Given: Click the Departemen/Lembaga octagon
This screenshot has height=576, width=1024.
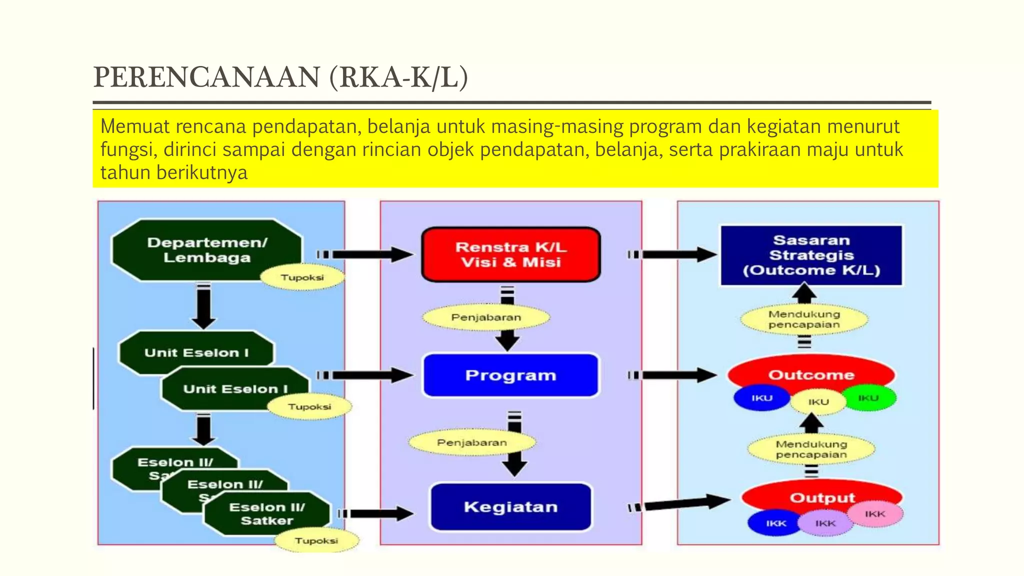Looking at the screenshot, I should coord(206,249).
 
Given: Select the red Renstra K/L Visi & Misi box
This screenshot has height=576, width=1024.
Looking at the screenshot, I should coord(510,254).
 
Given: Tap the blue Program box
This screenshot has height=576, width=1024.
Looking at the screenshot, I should coord(510,375).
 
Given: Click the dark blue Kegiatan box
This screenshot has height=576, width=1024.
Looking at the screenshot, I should coord(510,506).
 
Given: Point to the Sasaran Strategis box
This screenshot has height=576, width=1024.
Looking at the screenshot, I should coord(811,255).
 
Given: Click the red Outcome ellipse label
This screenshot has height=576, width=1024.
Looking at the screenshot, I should coord(811,374).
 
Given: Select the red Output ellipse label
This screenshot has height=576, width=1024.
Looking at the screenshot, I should coord(822,497).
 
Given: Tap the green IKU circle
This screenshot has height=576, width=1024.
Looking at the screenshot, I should coord(869,398).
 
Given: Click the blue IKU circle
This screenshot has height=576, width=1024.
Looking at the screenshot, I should coord(761,398).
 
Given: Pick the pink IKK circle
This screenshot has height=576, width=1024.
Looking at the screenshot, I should coord(875,514).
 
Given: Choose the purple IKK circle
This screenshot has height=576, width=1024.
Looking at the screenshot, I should coord(825,523).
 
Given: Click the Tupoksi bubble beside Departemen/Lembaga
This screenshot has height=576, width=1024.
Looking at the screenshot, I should coord(302,277).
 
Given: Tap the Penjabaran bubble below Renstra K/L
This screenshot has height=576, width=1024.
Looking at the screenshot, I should coord(485,317).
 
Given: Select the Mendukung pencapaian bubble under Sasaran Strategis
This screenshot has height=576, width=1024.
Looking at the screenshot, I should coord(804,319).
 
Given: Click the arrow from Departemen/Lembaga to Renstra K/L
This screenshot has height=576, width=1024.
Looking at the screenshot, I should coord(370,254).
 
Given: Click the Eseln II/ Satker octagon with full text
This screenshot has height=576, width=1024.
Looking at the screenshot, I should coord(267,513).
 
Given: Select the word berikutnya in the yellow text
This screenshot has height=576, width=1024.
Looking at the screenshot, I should coord(202,172).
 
